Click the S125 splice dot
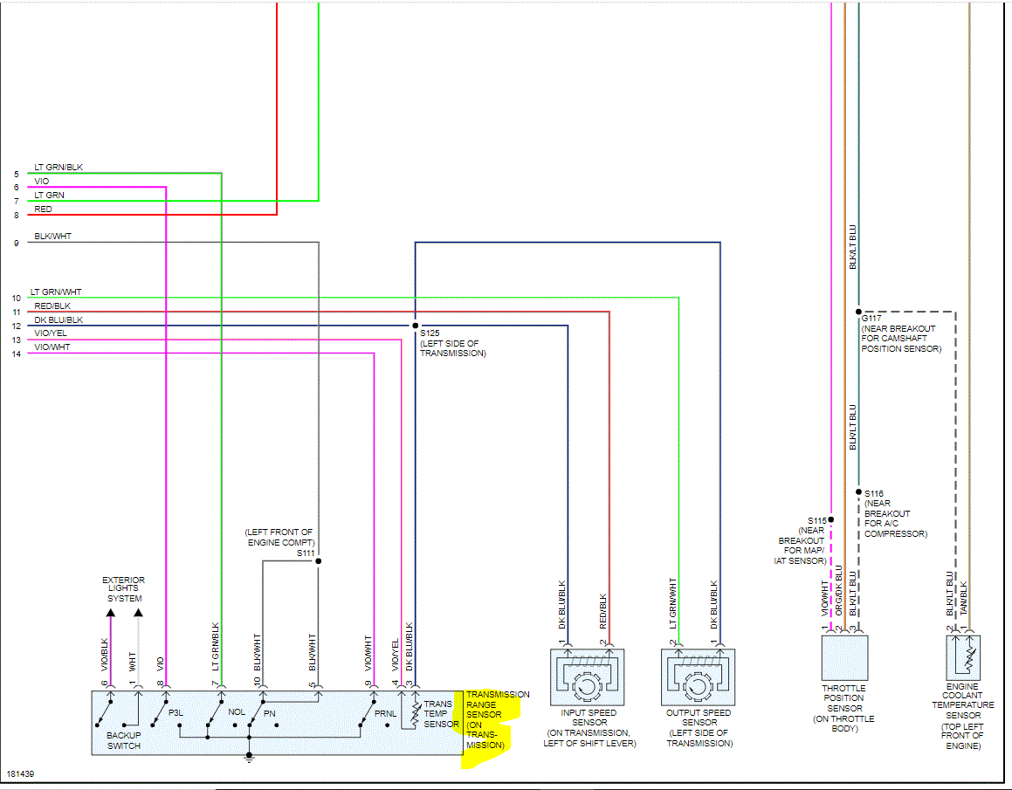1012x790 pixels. (415, 326)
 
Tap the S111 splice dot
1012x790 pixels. (319, 560)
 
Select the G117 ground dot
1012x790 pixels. (858, 311)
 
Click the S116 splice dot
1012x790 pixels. (858, 492)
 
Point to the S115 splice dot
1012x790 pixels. (830, 519)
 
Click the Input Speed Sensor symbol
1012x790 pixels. (588, 677)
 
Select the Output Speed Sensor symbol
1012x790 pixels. (699, 677)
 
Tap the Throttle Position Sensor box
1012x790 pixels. (844, 657)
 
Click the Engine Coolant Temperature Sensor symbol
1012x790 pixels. (963, 657)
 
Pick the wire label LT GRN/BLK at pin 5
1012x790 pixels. (59, 168)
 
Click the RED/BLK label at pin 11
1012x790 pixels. (52, 306)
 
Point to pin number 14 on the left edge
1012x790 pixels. (16, 354)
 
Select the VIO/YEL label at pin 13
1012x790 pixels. (51, 333)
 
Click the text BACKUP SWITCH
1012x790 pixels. (124, 740)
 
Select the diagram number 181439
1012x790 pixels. (20, 774)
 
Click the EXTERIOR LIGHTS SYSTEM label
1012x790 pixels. (124, 589)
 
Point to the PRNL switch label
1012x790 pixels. (385, 713)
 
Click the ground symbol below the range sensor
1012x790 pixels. (249, 759)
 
